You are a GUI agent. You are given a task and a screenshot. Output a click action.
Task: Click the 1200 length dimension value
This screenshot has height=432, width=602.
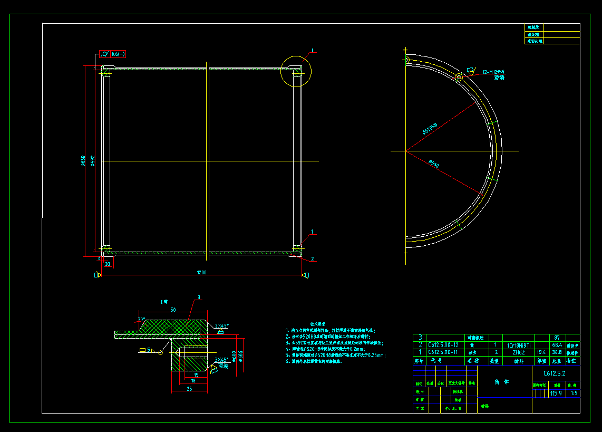click(x=202, y=272)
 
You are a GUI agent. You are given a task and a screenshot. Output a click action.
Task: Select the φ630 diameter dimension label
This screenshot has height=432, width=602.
click(x=83, y=161)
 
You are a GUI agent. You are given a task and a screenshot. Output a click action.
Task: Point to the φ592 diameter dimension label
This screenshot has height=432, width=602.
click(x=92, y=161)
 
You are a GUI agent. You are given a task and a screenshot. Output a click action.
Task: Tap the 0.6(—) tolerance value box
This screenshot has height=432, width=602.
click(x=118, y=54)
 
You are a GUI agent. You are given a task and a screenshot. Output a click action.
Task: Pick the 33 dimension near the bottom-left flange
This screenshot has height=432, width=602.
click(x=107, y=264)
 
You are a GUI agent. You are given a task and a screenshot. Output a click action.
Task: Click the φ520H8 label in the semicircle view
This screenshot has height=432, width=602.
click(x=430, y=128)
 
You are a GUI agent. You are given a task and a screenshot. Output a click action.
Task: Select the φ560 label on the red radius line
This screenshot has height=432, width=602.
click(x=433, y=165)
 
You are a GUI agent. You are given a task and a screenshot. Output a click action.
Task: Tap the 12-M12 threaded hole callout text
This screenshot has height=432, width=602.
click(x=497, y=72)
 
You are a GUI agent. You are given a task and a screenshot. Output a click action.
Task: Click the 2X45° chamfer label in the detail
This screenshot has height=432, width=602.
click(x=222, y=326)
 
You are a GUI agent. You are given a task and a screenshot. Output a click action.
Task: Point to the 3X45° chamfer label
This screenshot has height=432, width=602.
click(x=221, y=360)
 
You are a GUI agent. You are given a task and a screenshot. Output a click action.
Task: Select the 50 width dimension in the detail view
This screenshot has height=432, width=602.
click(x=173, y=310)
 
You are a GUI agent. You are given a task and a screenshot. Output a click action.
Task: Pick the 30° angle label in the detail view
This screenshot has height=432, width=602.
click(x=141, y=319)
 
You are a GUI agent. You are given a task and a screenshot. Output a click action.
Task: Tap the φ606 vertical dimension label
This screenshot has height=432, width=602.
click(x=241, y=357)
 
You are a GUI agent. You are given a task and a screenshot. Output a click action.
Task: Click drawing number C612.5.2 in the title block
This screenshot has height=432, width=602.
click(x=555, y=373)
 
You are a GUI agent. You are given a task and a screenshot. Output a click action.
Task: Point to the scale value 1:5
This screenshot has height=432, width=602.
click(x=574, y=393)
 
